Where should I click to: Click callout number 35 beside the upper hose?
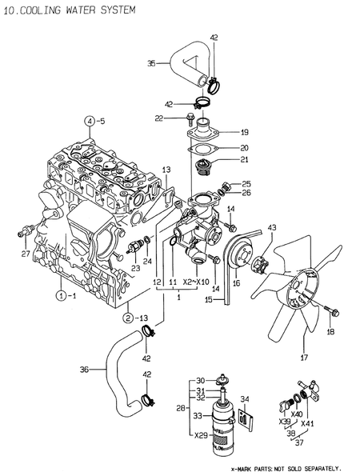(x=151, y=62)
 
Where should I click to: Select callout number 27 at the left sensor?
(x=26, y=254)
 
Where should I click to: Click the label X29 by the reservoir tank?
(x=201, y=435)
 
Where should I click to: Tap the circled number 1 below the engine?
(x=60, y=295)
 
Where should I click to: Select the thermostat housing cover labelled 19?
(x=209, y=130)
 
